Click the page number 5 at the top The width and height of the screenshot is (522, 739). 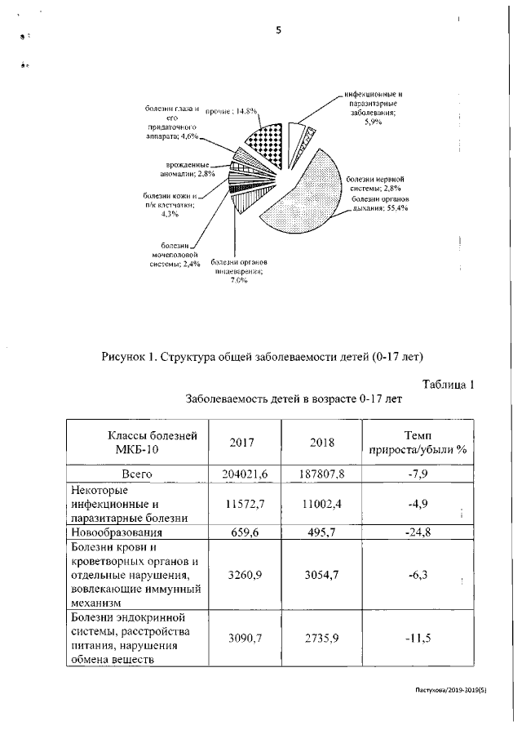(x=278, y=31)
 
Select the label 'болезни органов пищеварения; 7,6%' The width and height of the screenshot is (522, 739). (x=240, y=270)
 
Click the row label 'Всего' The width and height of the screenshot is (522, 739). (x=137, y=474)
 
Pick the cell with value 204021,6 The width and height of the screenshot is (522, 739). (x=242, y=474)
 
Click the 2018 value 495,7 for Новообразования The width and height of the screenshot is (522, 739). (x=322, y=532)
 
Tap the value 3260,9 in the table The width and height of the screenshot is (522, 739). (x=242, y=575)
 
